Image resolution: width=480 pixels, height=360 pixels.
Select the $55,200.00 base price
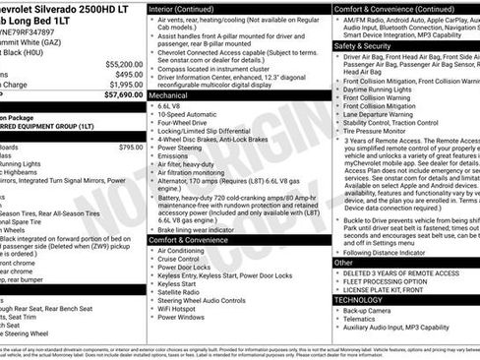(122, 62)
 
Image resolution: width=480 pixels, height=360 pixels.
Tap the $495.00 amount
(128, 74)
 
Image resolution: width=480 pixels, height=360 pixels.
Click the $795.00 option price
(130, 148)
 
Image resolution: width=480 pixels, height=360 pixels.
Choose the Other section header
(343, 263)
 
